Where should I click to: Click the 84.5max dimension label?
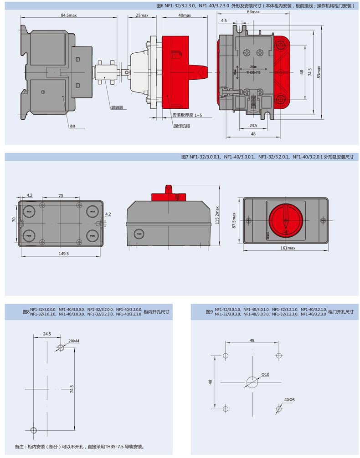[69, 15]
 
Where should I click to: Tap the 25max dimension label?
[142, 15]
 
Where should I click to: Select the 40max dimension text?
[185, 15]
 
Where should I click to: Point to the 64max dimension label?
[253, 12]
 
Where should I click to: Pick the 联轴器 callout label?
[117, 108]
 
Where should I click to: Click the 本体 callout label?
[72, 126]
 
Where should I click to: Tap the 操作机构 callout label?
[181, 126]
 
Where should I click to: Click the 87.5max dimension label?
[234, 221]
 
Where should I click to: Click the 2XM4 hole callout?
[74, 341]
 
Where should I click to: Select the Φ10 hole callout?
[265, 374]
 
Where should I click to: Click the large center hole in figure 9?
[252, 382]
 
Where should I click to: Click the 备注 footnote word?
[21, 447]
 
